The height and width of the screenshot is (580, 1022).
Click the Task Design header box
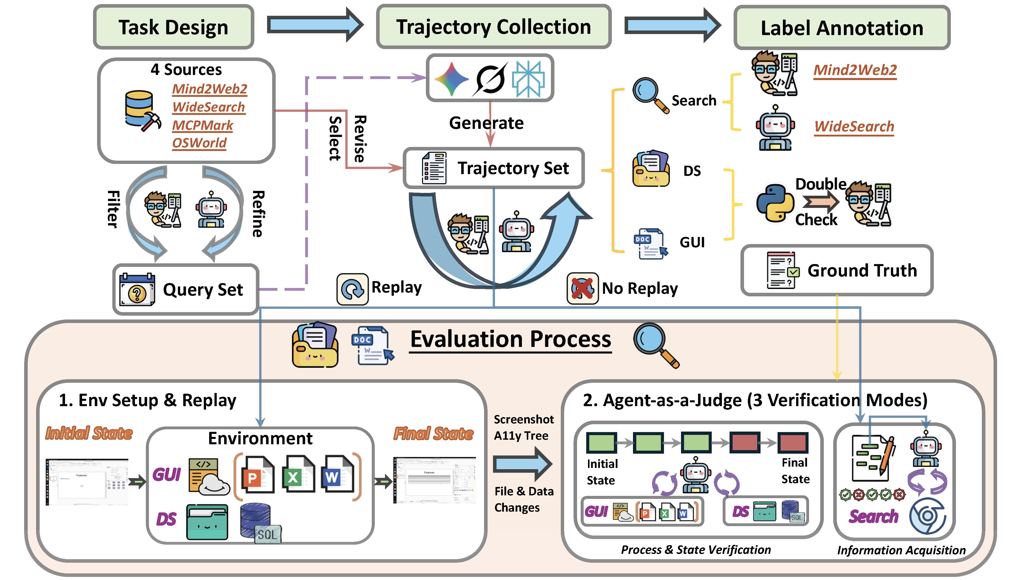[174, 27]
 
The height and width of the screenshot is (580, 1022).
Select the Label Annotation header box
[842, 28]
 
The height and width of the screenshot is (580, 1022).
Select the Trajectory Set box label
[513, 168]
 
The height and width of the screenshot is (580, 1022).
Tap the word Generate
[486, 123]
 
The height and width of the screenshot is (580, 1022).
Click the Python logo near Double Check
[774, 202]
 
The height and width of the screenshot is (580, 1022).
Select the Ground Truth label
[862, 270]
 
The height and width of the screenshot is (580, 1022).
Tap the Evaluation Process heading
[510, 339]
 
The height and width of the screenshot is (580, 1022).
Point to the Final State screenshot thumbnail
[434, 480]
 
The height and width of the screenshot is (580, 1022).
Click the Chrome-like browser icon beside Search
[927, 515]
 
